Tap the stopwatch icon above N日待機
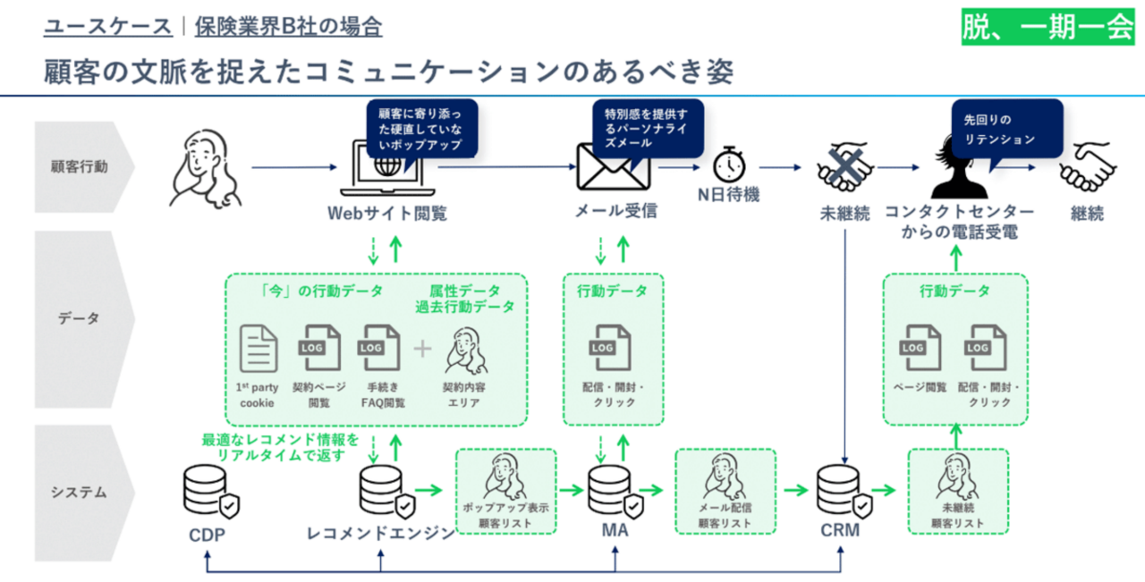[x=728, y=164]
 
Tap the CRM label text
[x=839, y=531]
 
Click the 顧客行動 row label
[x=81, y=166]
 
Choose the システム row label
[x=81, y=492]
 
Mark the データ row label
[x=81, y=318]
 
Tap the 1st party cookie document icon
[x=259, y=349]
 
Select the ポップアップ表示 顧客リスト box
[x=506, y=491]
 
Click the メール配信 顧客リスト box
[x=725, y=491]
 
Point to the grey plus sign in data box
[x=422, y=349]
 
